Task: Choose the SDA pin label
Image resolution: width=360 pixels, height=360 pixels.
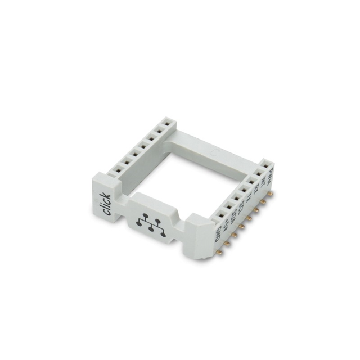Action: coord(234,219)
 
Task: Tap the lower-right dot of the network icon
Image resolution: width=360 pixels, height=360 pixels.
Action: coord(163,233)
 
